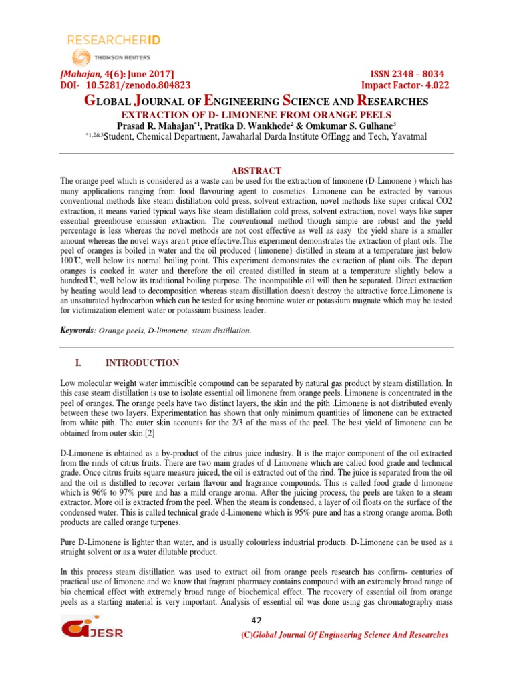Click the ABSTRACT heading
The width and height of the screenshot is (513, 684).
click(x=256, y=171)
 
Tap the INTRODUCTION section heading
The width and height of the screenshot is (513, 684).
click(x=142, y=363)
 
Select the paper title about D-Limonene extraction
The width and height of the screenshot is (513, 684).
click(x=256, y=114)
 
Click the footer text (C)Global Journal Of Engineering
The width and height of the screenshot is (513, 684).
click(x=344, y=635)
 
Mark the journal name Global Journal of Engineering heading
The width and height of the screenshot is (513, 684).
click(x=256, y=102)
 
